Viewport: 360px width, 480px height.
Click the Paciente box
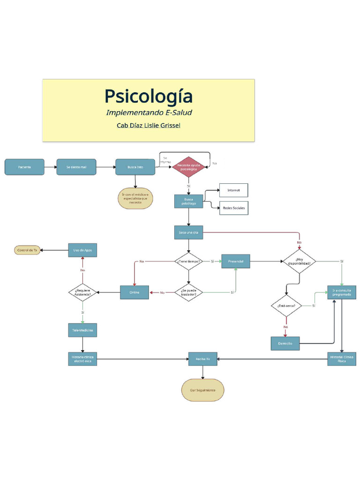pos(24,167)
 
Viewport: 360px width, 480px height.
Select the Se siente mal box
pos(76,167)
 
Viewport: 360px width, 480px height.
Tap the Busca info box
pos(135,167)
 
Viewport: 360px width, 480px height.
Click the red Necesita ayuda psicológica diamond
pos(188,167)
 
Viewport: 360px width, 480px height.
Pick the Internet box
pos(233,190)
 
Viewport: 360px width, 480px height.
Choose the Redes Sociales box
pos(233,208)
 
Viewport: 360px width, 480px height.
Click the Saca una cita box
pos(188,232)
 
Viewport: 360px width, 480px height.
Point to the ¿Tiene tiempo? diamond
pos(188,261)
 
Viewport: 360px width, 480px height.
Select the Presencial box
pos(236,261)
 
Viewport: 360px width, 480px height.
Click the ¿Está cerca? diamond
pos(286,306)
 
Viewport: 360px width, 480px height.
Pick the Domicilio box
pos(285,344)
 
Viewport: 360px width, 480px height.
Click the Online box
pos(135,292)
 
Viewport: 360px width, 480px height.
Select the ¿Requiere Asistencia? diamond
pos(83,292)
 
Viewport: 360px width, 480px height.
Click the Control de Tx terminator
pos(27,250)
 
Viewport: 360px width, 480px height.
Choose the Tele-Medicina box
pos(82,330)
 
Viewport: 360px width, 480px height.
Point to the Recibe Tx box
pos(203,359)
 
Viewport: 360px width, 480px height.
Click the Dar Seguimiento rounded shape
pos(203,390)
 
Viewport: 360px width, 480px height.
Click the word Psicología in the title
pos(148,96)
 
